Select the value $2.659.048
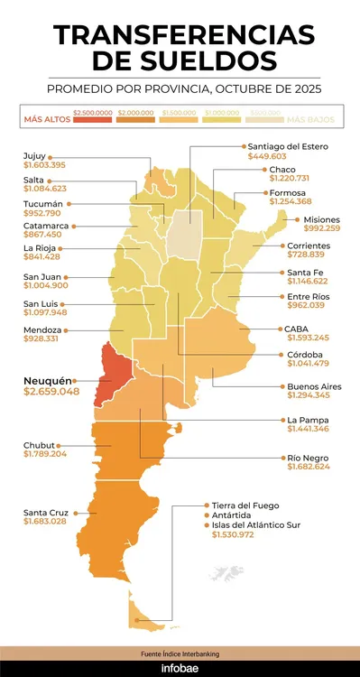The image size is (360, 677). click(51, 393)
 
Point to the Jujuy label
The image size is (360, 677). click(35, 155)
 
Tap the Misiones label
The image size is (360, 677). click(322, 219)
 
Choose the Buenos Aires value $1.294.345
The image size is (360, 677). click(308, 395)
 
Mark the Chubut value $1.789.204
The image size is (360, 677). click(50, 453)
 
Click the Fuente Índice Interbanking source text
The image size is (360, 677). click(180, 652)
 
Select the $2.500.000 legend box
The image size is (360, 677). click(93, 111)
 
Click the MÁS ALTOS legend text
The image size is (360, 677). click(47, 119)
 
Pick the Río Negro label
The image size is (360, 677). click(308, 458)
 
